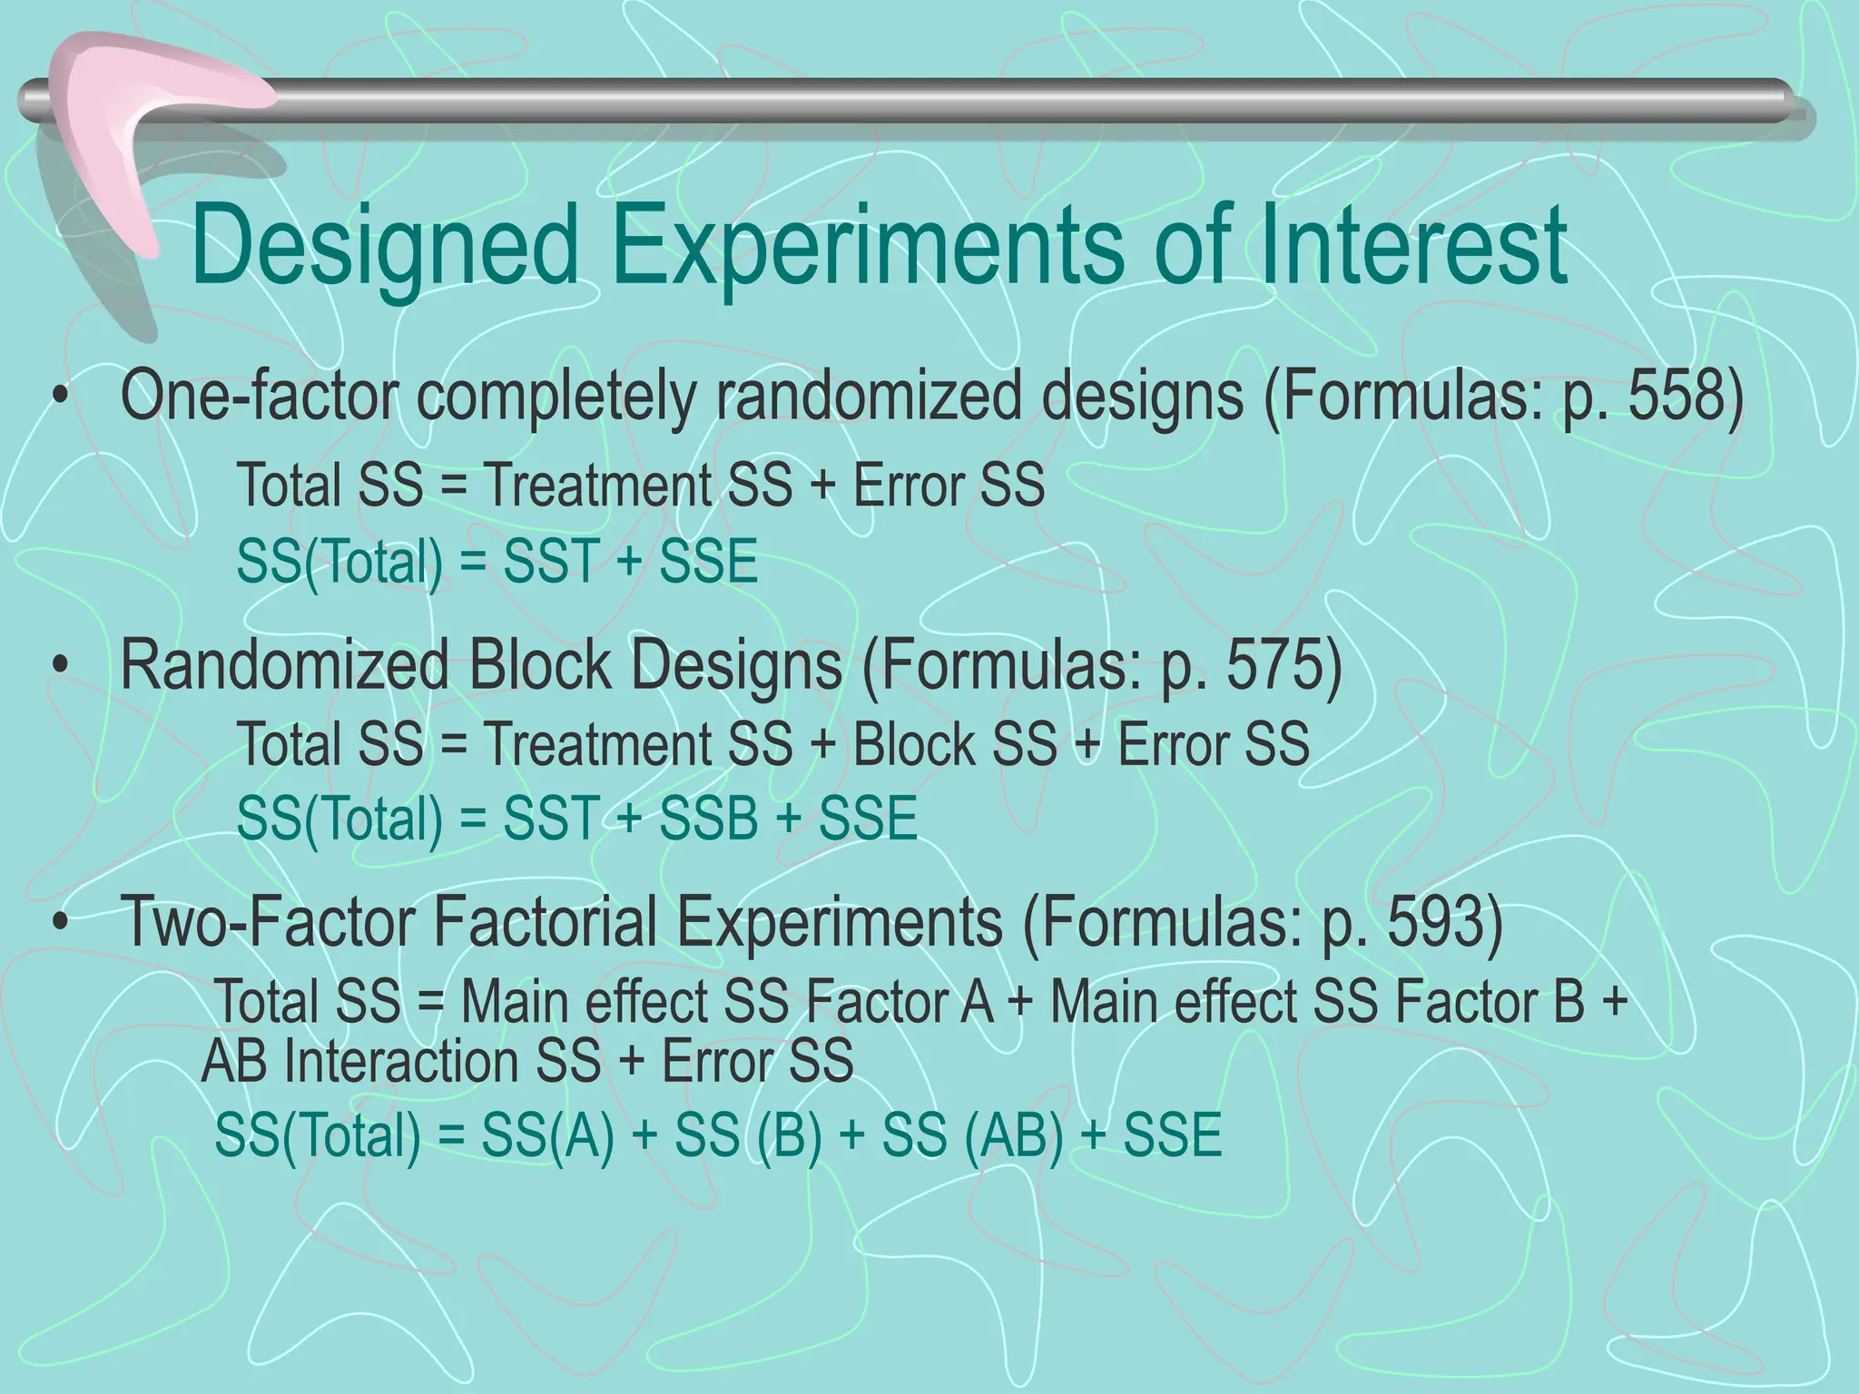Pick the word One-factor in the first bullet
(x=260, y=397)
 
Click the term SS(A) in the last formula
(x=547, y=1134)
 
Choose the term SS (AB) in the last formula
(x=972, y=1134)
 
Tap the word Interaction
(x=442, y=1061)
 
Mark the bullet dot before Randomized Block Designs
(x=61, y=665)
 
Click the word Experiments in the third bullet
(x=840, y=921)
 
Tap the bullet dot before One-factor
(x=61, y=398)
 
